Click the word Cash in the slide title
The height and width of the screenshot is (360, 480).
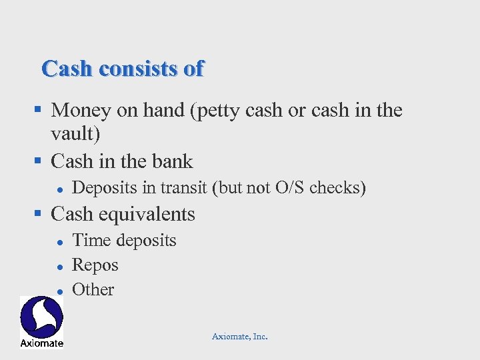65,69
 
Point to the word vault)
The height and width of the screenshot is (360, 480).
75,134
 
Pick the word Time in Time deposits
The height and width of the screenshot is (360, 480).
87,240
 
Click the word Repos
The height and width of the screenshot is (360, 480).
95,265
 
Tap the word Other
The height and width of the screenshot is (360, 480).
93,289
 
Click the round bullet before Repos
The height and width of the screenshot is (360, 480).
59,266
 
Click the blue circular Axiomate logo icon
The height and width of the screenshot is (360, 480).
41,317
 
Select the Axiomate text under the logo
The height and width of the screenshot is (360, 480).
41,343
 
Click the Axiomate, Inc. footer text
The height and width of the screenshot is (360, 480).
240,337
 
